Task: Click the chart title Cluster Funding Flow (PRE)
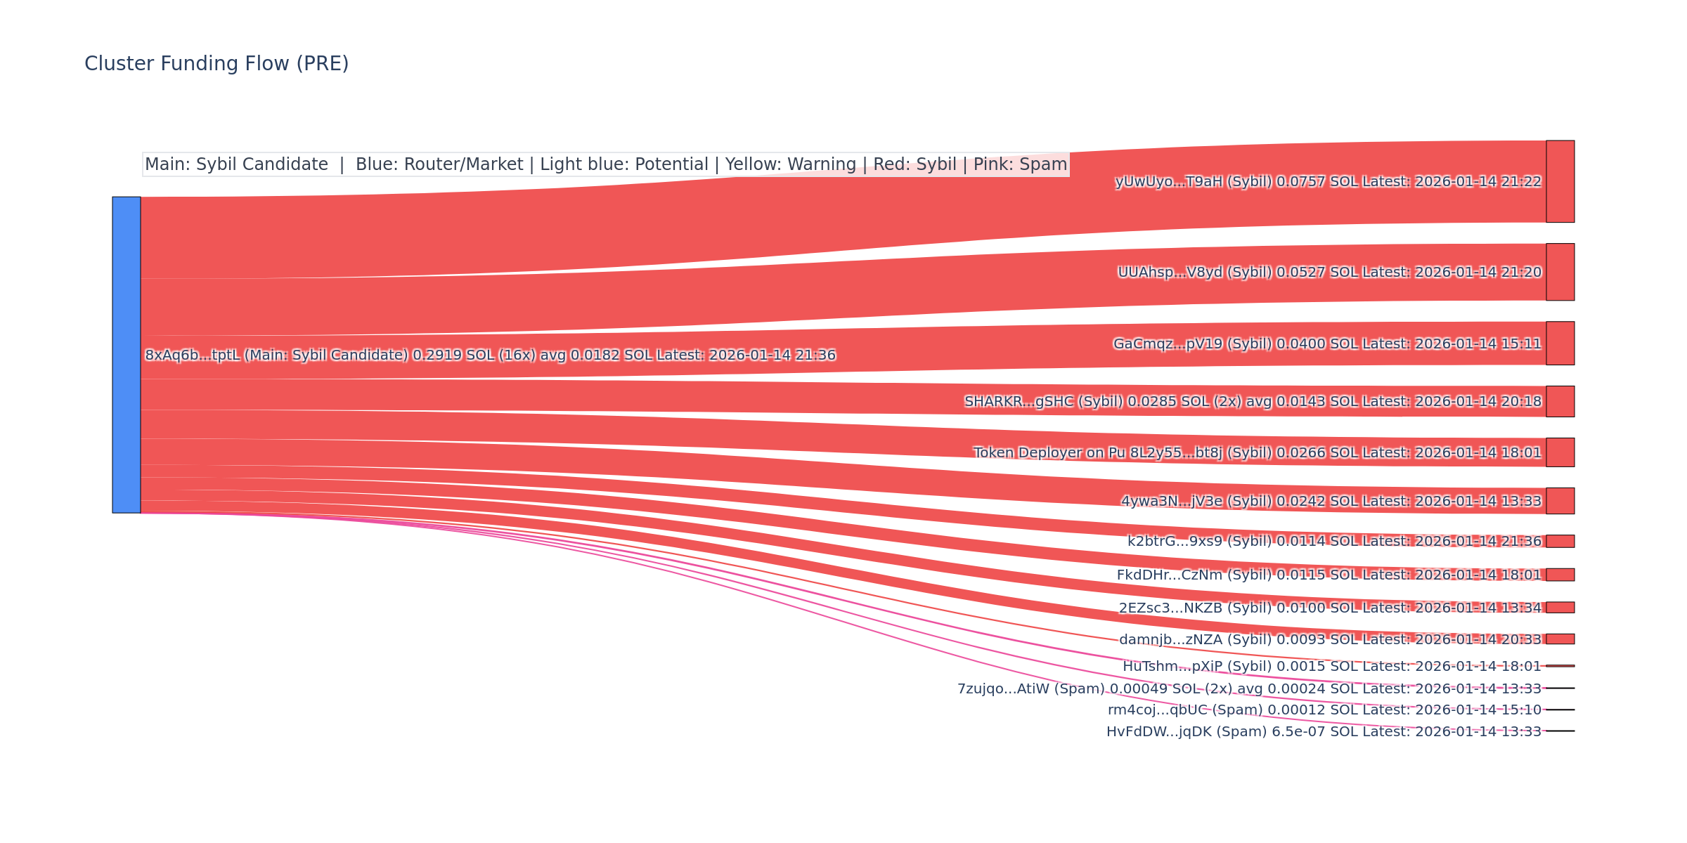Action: tap(216, 64)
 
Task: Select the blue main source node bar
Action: tap(127, 355)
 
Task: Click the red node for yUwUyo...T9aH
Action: tap(1560, 181)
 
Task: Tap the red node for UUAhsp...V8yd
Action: tap(1560, 272)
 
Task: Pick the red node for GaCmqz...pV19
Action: tap(1560, 344)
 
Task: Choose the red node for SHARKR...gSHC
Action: tap(1560, 401)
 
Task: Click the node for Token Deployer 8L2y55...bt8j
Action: tap(1560, 452)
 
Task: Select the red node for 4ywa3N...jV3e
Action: tap(1560, 501)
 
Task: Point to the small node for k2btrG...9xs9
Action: tap(1560, 541)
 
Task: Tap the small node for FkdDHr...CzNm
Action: tap(1560, 575)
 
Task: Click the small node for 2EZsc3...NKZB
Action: tap(1560, 608)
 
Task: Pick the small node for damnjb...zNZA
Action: tap(1560, 639)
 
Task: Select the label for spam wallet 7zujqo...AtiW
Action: tap(1249, 688)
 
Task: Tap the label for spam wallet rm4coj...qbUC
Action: tap(1324, 710)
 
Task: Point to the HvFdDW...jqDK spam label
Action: tap(1324, 732)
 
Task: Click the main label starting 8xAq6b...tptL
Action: tap(490, 355)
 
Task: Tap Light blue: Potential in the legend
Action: tap(623, 164)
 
